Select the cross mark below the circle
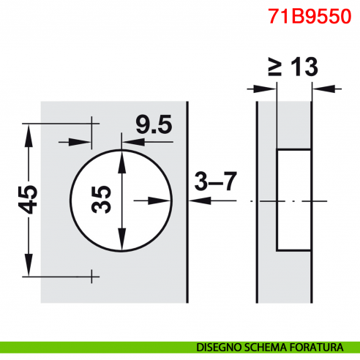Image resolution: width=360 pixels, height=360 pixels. [x=92, y=276]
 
